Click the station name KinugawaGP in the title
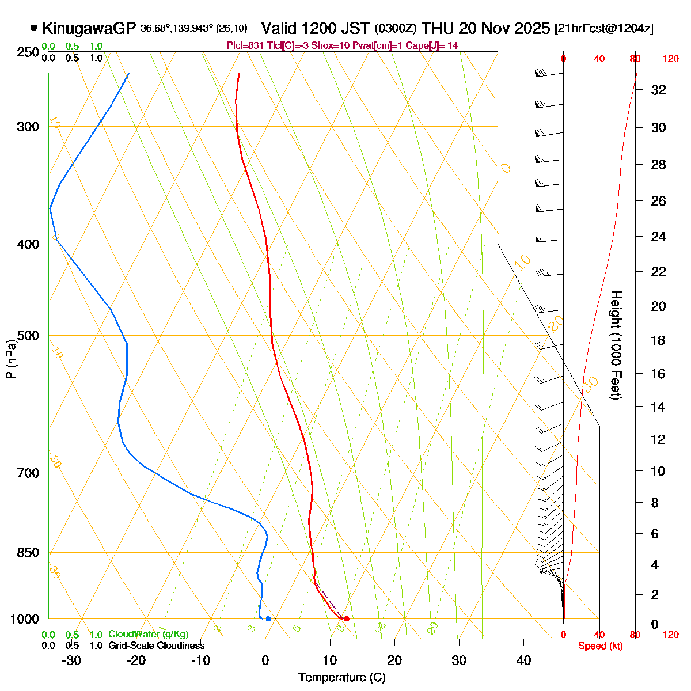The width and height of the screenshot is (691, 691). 89,28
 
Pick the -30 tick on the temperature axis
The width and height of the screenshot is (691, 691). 71,660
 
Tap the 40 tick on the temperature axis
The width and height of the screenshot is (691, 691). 523,660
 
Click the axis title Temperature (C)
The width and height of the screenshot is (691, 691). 342,678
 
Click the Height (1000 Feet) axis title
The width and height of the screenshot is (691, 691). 616,345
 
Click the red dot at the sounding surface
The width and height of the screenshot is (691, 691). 346,619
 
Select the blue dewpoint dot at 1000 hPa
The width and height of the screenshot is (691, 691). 268,619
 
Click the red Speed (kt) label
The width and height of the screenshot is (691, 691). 600,646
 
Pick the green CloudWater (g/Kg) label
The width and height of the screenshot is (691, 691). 148,635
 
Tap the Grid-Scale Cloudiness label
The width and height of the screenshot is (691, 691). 156,646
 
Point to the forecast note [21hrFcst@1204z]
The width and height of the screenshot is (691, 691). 603,29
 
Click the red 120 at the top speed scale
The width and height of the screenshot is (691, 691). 670,59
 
